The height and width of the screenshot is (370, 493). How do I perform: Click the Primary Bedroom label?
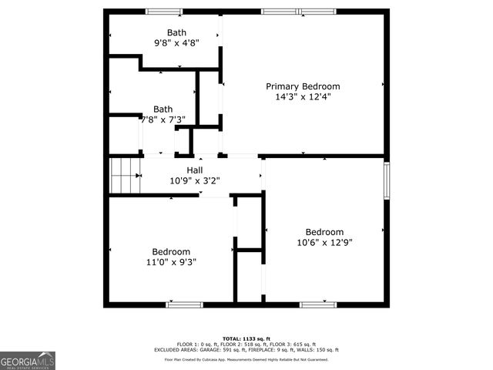303,86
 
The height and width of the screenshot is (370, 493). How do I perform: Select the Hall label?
195,170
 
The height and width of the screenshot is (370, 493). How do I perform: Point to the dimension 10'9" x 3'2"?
195,181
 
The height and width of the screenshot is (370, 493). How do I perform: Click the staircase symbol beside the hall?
124,176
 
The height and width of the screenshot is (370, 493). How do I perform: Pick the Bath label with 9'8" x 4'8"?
176,32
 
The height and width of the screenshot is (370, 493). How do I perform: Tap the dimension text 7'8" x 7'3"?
163,119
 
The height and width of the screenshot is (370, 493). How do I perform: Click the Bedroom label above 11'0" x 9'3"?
170,251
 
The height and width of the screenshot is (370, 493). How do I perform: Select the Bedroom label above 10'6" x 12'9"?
324,231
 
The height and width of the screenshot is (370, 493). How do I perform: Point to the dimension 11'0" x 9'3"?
170,262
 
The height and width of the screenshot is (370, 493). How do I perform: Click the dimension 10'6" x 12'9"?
324,242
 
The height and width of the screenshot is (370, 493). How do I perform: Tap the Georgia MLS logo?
28,359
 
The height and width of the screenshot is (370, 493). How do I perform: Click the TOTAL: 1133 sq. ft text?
246,338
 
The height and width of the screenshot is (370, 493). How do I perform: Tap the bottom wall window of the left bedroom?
184,304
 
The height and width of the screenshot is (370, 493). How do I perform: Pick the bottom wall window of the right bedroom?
318,304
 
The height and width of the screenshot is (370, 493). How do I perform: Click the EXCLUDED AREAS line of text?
246,349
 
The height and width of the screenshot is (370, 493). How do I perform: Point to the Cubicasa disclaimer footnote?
246,359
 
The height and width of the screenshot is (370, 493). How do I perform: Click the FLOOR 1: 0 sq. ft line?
246,344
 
